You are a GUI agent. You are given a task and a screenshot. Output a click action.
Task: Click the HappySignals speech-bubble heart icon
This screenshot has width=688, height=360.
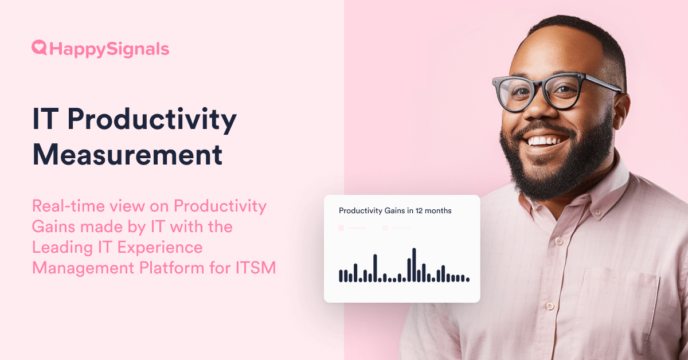click(x=39, y=48)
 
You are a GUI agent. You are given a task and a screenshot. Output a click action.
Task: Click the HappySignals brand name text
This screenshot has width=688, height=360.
click(x=110, y=49)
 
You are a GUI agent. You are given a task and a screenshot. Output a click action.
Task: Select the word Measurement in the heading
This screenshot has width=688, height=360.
click(x=127, y=154)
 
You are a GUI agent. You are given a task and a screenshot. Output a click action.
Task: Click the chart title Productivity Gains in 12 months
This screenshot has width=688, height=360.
click(x=395, y=211)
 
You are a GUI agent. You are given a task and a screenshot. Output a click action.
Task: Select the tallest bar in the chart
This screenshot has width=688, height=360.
click(x=414, y=265)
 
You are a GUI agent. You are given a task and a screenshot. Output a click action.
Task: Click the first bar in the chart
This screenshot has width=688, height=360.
click(x=341, y=276)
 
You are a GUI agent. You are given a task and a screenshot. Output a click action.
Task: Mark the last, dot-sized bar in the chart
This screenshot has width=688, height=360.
click(x=468, y=279)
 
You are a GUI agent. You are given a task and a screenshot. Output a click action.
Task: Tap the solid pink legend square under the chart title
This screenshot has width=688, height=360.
click(x=341, y=228)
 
